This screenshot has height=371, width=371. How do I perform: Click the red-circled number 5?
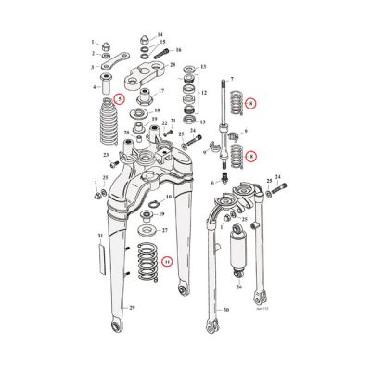coord(118,99)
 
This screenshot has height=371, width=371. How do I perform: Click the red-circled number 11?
coord(167,262)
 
